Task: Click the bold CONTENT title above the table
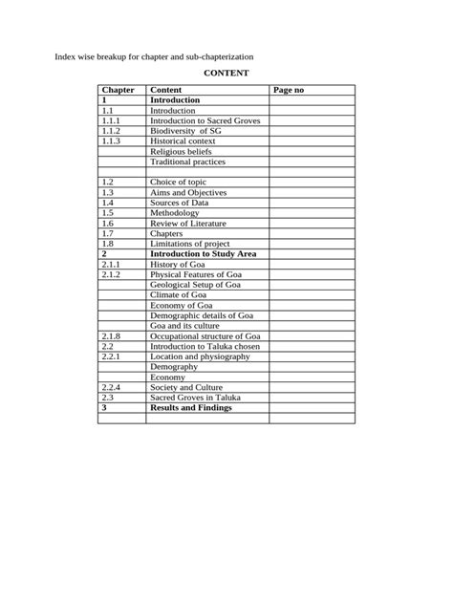coord(226,73)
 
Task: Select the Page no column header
coord(288,90)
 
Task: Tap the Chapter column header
coord(118,90)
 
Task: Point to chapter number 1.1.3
coord(113,140)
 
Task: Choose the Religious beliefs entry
coord(181,151)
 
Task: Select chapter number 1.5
coord(108,213)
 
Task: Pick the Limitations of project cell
coord(189,244)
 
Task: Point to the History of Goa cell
coord(177,264)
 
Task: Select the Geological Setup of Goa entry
coord(195,285)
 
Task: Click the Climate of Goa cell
coord(179,295)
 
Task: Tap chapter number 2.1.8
coord(113,336)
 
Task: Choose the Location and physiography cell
coord(200,356)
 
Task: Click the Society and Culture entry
coord(186,387)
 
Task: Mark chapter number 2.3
coord(108,398)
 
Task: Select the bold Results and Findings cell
coord(190,408)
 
